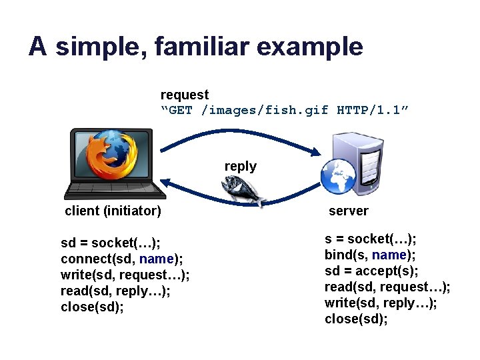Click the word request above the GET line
click(185, 95)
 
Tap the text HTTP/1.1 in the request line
click(373, 110)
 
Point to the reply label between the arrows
click(241, 166)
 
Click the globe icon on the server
click(338, 177)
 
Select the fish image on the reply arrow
click(247, 193)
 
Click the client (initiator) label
click(113, 211)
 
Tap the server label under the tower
click(348, 211)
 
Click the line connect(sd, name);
click(122, 259)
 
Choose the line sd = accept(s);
click(371, 271)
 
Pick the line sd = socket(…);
click(110, 243)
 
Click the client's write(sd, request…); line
click(125, 275)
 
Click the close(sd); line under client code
click(92, 307)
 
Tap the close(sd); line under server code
click(356, 319)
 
